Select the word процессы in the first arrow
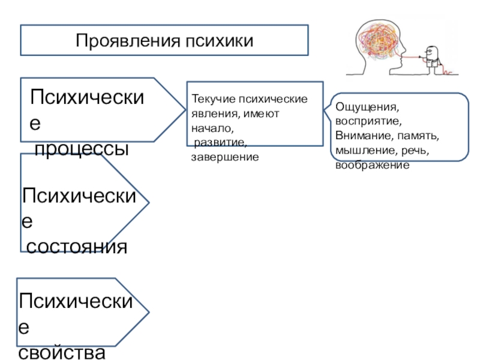pos(82,149)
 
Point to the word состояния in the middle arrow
pos(77,246)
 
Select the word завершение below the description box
pos(224,157)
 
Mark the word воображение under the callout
pos(372,163)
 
